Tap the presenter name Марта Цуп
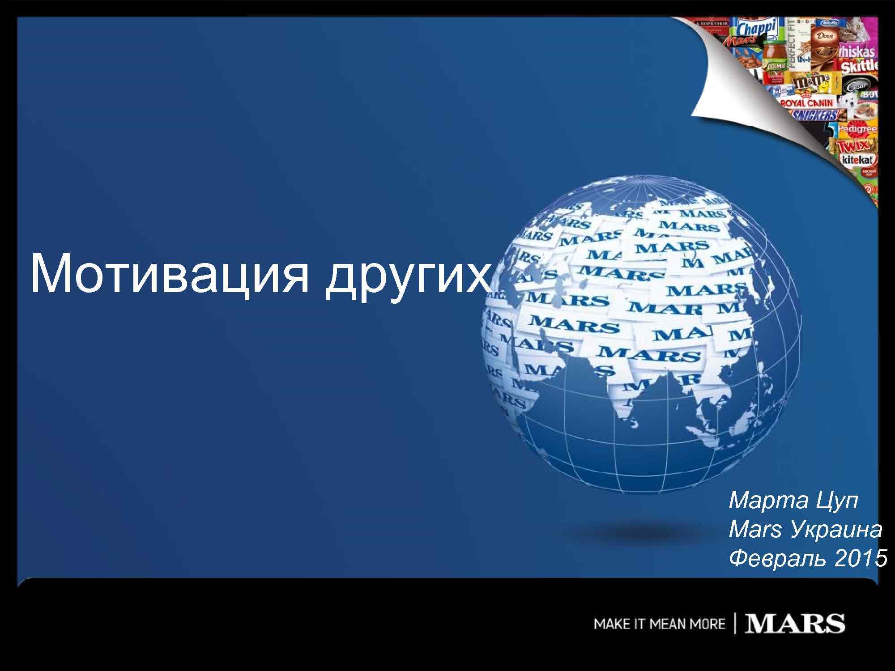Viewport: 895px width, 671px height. click(x=793, y=501)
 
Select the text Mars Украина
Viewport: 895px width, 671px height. click(x=805, y=530)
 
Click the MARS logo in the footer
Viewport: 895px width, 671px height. click(x=795, y=624)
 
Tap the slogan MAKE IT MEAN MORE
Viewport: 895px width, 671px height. click(x=659, y=624)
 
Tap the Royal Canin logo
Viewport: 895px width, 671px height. click(x=808, y=103)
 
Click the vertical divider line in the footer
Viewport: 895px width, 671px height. click(x=734, y=624)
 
